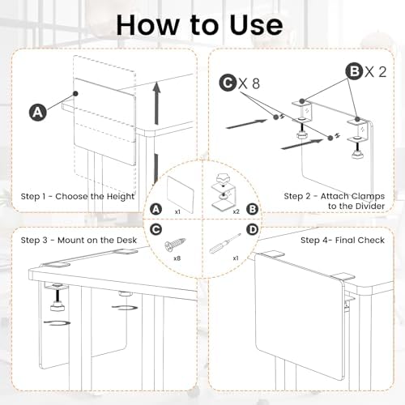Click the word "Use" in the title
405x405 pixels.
256,25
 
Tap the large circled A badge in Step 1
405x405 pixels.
37,112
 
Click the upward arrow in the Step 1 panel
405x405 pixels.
156,103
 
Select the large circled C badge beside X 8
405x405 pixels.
228,83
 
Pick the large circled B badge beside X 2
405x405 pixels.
355,71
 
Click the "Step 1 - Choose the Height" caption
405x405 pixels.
77,196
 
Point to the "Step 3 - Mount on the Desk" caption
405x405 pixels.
79,240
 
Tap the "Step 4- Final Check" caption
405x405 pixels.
343,240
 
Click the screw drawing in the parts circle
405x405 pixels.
175,243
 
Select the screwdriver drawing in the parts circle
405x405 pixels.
225,243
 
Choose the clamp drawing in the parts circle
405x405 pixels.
223,192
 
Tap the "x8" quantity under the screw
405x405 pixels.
177,258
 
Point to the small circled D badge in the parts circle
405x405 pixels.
253,229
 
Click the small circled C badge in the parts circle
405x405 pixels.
156,229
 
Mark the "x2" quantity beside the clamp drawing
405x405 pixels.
236,211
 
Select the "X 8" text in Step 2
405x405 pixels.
249,83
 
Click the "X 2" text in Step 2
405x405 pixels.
376,72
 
